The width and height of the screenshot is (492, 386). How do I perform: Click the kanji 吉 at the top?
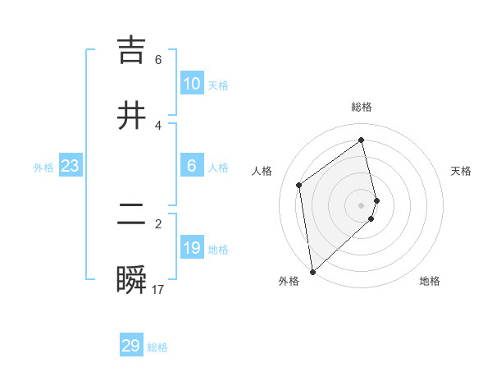(132, 50)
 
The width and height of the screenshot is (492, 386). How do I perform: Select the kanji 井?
(132, 116)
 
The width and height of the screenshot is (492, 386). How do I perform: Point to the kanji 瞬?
(132, 280)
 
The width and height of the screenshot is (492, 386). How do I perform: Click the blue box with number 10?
(192, 84)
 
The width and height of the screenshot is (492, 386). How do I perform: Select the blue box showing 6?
(192, 166)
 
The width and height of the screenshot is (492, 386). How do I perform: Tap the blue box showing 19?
(192, 248)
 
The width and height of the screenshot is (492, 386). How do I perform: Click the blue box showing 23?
(71, 166)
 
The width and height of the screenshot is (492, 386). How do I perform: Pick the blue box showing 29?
(131, 346)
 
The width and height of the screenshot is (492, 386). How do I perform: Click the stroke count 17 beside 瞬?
(158, 290)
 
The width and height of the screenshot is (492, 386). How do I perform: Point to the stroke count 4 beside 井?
(158, 126)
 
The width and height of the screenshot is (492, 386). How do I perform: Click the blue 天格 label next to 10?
(217, 85)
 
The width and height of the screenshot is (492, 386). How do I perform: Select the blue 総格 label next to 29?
(157, 347)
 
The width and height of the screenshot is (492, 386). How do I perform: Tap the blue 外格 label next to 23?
(43, 168)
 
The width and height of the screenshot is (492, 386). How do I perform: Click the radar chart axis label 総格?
(362, 107)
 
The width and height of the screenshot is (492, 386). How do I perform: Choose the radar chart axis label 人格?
(262, 171)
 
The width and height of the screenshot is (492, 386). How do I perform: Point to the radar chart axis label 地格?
(430, 281)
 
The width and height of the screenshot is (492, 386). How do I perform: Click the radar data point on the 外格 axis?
(312, 271)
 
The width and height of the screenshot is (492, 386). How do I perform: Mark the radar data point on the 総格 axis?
(362, 140)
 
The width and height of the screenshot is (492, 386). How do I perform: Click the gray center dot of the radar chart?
(362, 204)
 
